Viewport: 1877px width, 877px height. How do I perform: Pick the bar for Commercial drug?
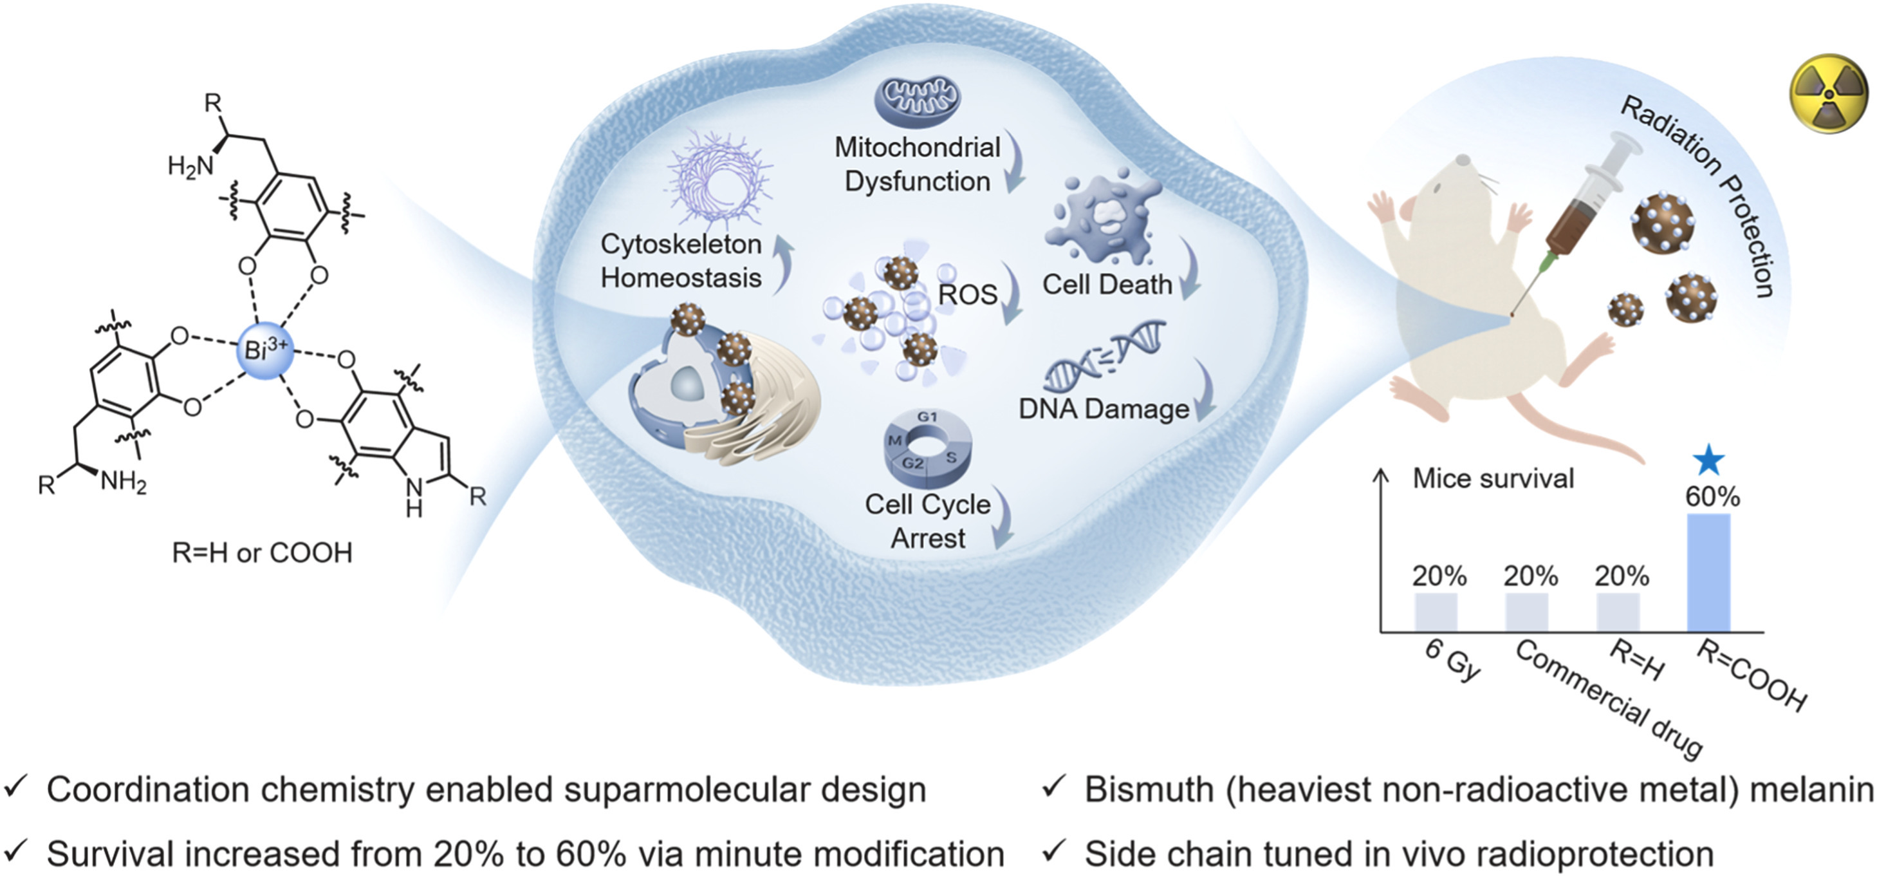tap(1526, 612)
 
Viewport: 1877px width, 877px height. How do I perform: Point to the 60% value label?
tap(1712, 497)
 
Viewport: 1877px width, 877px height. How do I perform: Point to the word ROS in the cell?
tap(967, 294)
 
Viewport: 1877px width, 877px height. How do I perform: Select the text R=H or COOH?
tap(262, 552)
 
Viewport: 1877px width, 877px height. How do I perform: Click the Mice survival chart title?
tap(1493, 478)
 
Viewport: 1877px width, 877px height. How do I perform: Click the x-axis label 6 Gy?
tap(1452, 660)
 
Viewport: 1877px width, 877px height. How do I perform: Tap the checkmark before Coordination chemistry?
tap(17, 787)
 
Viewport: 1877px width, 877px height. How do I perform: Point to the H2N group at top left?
tap(190, 166)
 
